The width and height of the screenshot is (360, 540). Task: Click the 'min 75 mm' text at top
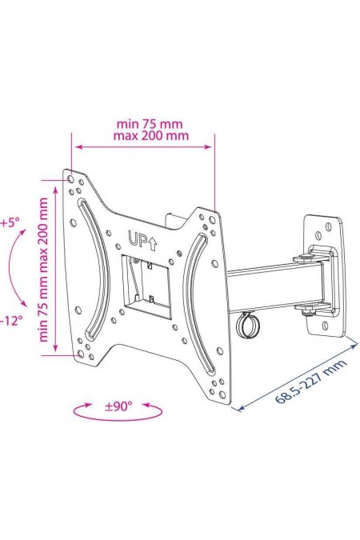point(150,124)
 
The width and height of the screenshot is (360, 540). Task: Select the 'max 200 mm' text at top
point(151,136)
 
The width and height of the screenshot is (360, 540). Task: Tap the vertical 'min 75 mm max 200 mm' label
point(44,270)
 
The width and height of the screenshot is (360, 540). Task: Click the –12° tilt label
point(10,321)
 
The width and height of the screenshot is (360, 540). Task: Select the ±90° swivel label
point(118,406)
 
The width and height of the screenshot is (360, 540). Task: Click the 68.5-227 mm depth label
point(310,382)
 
